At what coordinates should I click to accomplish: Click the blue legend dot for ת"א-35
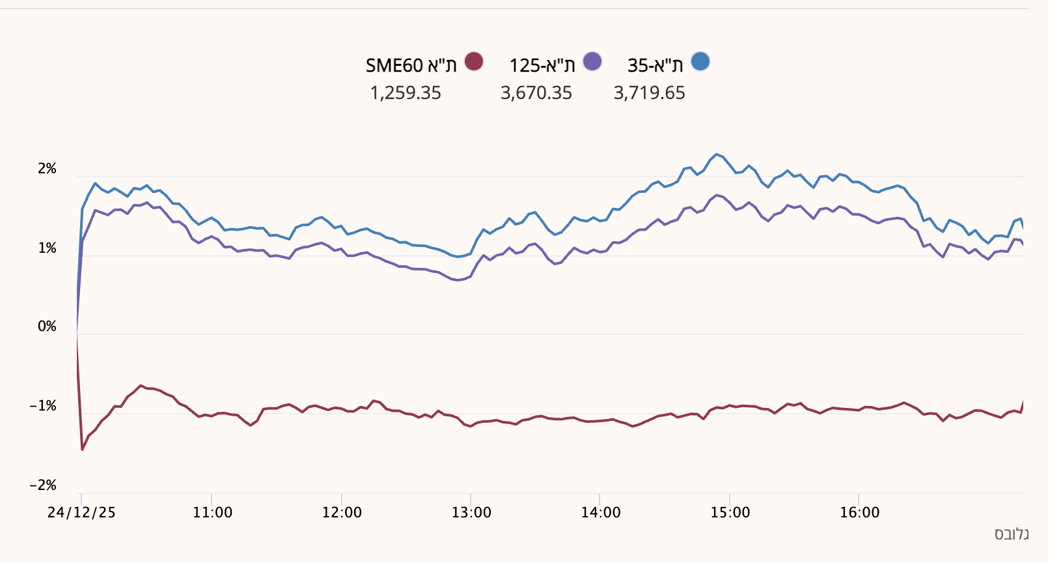coord(700,62)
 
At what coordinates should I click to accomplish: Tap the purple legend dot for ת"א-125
coord(592,62)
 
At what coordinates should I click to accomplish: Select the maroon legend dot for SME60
coord(474,62)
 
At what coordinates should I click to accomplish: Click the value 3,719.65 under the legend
coord(649,93)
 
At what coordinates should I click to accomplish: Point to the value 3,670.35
coord(536,93)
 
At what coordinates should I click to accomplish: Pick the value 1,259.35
coord(406,93)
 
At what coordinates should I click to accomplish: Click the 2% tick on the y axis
coord(48,169)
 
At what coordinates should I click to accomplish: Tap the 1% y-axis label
coord(48,248)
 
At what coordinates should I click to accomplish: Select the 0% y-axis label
coord(48,326)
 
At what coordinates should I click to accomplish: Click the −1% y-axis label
coord(43,406)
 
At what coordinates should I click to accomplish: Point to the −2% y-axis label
coord(43,485)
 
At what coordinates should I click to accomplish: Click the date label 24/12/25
coord(81,512)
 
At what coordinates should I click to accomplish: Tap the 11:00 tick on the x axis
coord(212,512)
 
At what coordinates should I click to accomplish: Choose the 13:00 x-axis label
coord(471,512)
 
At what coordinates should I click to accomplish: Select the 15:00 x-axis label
coord(730,512)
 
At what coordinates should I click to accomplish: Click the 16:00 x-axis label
coord(859,512)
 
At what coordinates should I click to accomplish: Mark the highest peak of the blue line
coord(717,154)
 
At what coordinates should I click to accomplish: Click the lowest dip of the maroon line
coord(82,449)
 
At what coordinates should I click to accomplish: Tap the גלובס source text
coord(1012,534)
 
